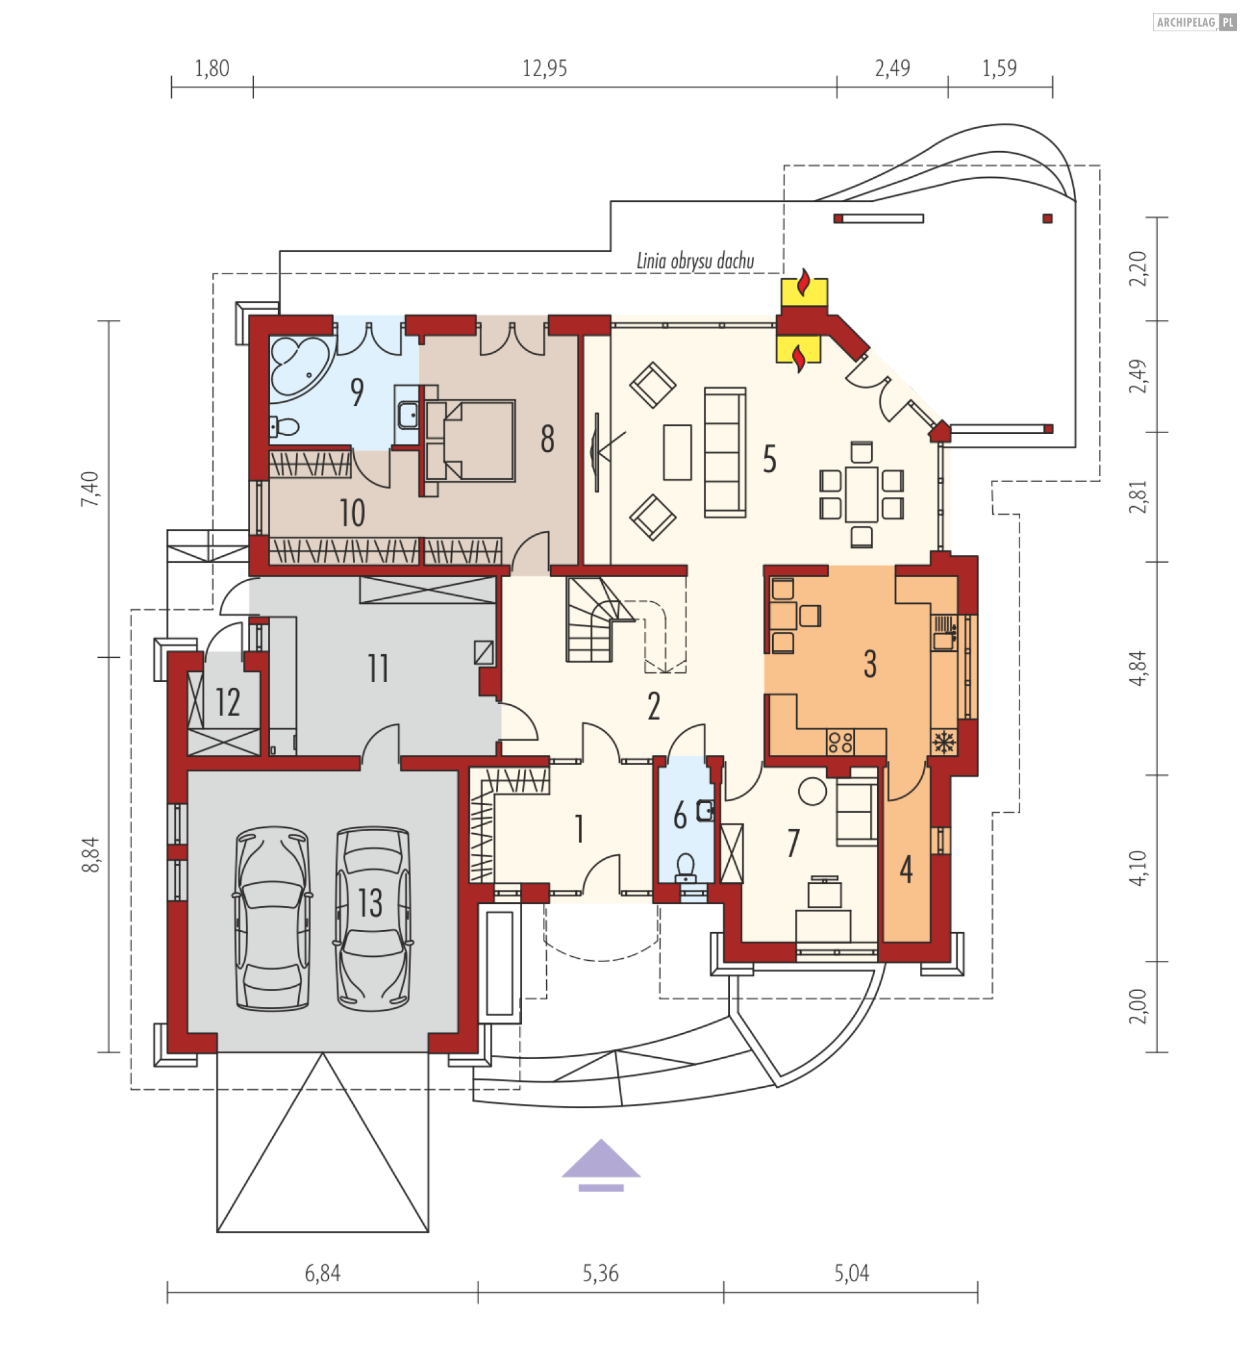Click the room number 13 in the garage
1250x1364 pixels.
pyautogui.click(x=370, y=903)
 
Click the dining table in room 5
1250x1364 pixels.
pyautogui.click(x=861, y=494)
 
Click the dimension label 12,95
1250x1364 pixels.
pyautogui.click(x=544, y=68)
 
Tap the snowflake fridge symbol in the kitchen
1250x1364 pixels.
pyautogui.click(x=943, y=742)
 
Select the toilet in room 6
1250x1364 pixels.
pyautogui.click(x=686, y=867)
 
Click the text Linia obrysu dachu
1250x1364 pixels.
pyautogui.click(x=695, y=261)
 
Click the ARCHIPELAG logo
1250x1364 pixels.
pyautogui.click(x=1194, y=22)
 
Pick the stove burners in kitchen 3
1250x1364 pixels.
pyautogui.click(x=840, y=742)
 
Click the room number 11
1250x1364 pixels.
pyautogui.click(x=378, y=669)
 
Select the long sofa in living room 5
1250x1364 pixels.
pyautogui.click(x=725, y=452)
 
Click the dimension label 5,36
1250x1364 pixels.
pyautogui.click(x=601, y=1274)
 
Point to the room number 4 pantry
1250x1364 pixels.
pyautogui.click(x=906, y=870)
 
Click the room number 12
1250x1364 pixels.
pyautogui.click(x=228, y=702)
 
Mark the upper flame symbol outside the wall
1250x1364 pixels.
pyautogui.click(x=803, y=285)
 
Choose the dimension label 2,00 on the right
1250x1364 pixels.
pyautogui.click(x=1139, y=1006)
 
